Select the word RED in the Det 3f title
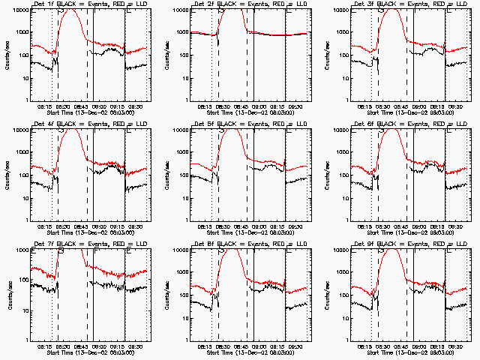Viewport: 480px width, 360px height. pos(422,5)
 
